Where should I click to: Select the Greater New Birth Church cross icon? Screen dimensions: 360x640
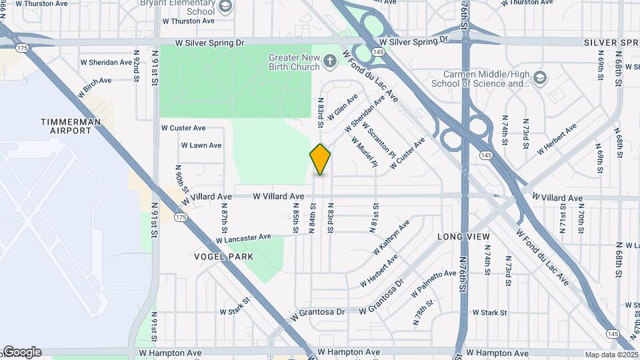point(329,62)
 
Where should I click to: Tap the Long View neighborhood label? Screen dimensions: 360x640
point(463,237)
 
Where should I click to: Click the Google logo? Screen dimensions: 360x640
point(21,352)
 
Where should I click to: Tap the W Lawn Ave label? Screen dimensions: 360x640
point(201,145)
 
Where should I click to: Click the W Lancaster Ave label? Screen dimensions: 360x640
point(243,237)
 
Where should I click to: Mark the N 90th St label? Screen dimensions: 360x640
point(179,178)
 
